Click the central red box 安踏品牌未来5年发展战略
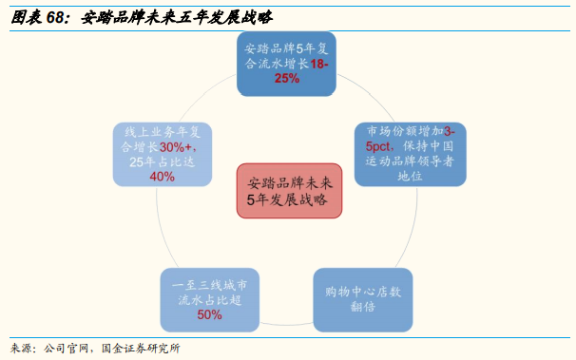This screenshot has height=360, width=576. tap(287, 190)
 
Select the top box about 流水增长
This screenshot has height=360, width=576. tap(287, 64)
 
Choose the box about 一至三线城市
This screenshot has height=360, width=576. tap(210, 299)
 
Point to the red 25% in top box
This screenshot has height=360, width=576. tap(286, 79)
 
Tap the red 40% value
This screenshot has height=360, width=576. tap(163, 176)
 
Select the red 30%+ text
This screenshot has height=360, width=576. tap(178, 147)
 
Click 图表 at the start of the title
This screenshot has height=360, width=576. tap(24, 16)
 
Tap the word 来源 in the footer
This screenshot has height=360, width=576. tap(21, 348)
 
